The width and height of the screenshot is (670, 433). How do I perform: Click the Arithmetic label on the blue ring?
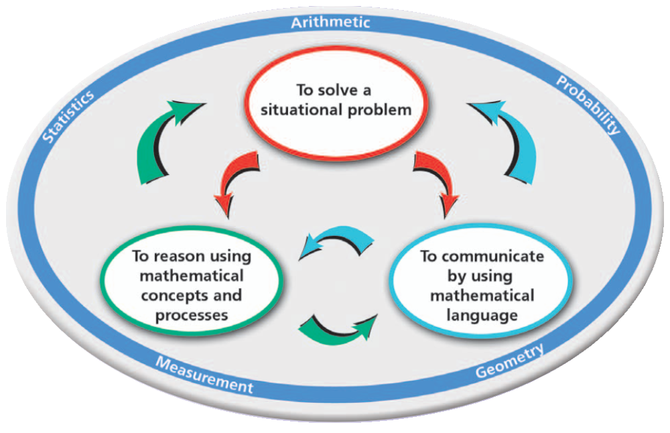pos(330,22)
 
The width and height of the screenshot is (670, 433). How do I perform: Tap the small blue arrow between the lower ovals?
pos(335,243)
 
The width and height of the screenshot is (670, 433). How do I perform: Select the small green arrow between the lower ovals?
pos(336,327)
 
